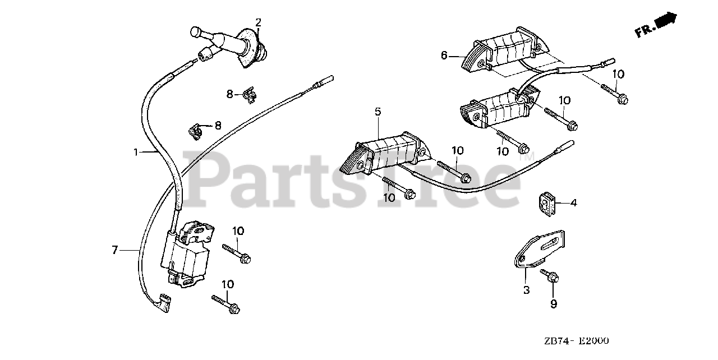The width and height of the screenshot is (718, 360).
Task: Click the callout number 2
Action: (259, 22)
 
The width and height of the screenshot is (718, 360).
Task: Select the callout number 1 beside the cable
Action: (135, 151)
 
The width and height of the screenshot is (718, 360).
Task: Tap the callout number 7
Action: (114, 250)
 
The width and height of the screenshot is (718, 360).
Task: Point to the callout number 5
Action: (378, 112)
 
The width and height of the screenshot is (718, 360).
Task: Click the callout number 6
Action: (444, 55)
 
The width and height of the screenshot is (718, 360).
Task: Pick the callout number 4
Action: (573, 203)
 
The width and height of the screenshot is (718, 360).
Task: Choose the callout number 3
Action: (526, 290)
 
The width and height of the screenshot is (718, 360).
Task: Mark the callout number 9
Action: (553, 304)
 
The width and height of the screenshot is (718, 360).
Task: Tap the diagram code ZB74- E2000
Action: (576, 341)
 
